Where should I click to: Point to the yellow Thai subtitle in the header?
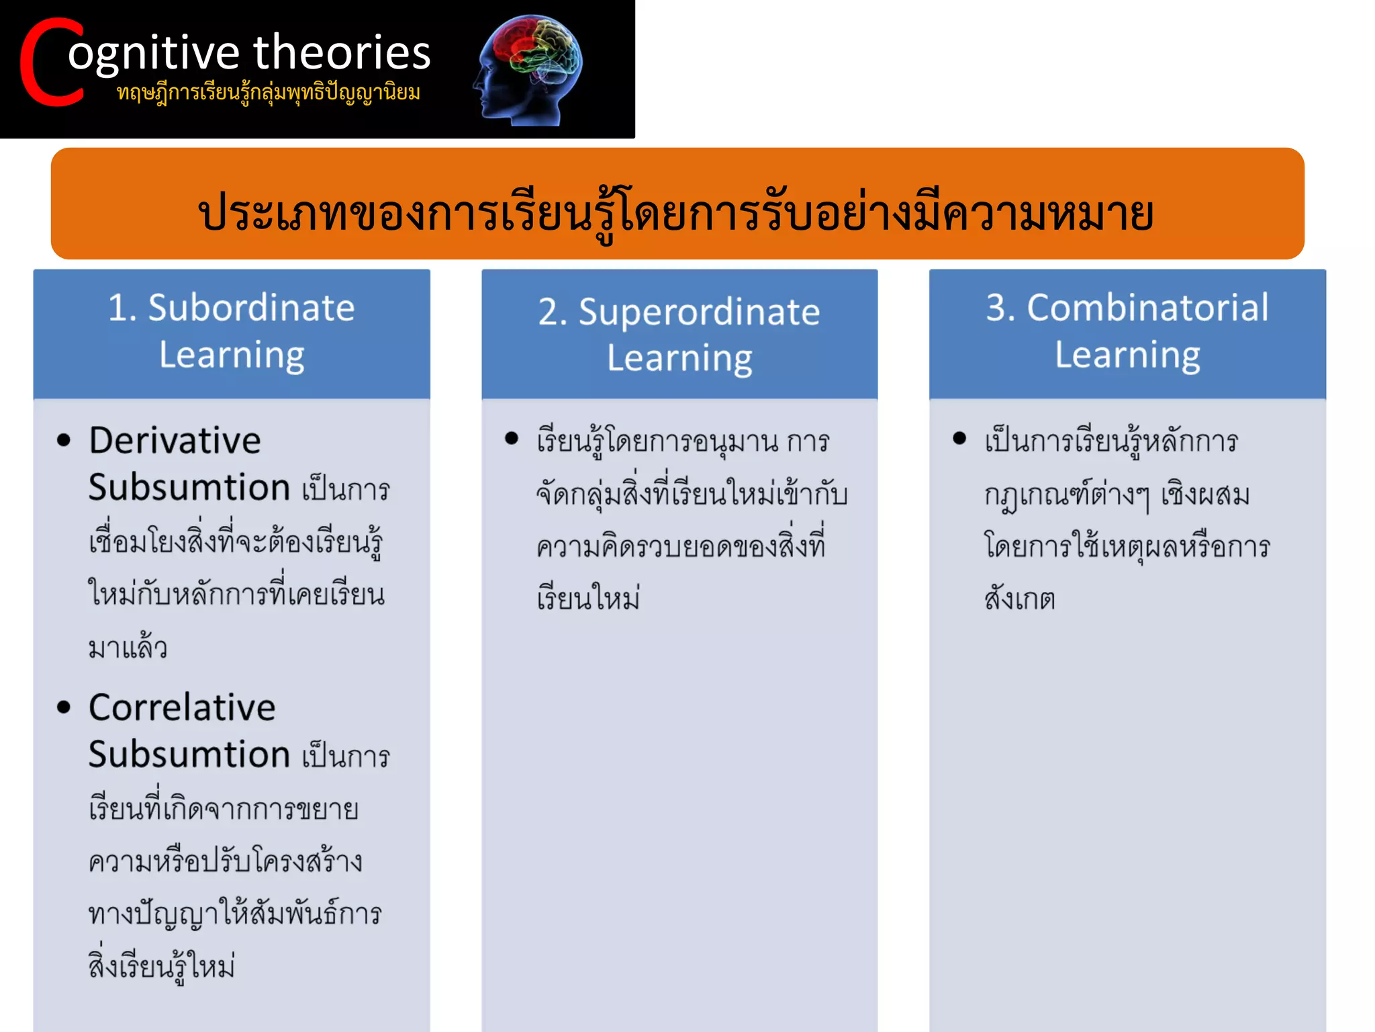(269, 93)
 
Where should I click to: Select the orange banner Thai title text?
(676, 214)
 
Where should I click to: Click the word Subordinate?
(251, 308)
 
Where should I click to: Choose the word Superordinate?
(699, 312)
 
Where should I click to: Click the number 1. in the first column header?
(122, 308)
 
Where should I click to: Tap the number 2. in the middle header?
(553, 312)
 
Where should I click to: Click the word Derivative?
(175, 441)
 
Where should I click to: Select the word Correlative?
(182, 707)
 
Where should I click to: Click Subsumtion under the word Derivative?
(189, 487)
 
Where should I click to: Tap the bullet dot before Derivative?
(64, 441)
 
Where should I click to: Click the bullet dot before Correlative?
(64, 707)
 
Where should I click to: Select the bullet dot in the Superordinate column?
(512, 439)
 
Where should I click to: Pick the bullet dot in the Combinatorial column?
(959, 439)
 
